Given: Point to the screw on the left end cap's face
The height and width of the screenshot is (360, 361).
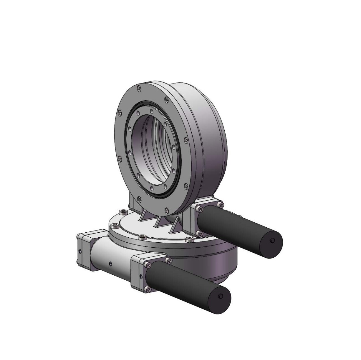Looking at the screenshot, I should (x=80, y=251).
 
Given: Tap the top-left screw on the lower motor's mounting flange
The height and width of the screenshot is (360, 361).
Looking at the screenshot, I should (x=147, y=265).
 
